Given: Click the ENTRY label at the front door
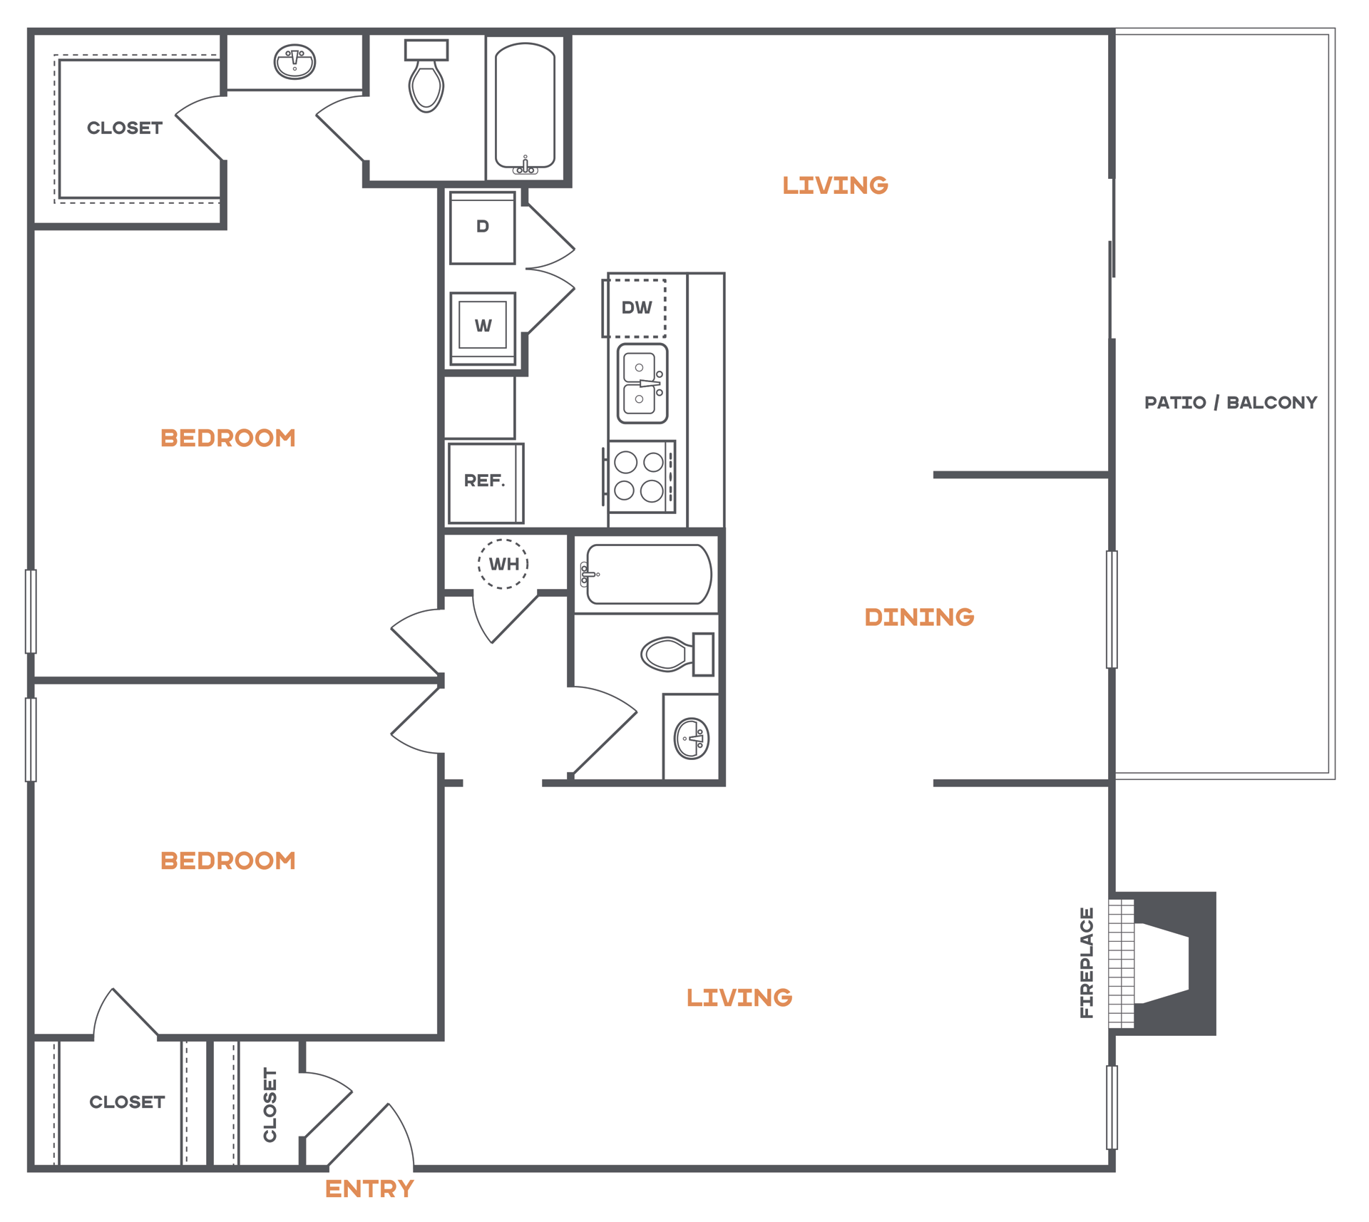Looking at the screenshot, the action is [369, 1188].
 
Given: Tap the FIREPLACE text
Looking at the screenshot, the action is [1087, 962].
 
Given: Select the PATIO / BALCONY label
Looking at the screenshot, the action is [1231, 403].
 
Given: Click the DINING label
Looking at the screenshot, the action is [919, 617].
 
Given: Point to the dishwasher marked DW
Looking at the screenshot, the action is [635, 308].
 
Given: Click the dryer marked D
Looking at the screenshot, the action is [483, 227].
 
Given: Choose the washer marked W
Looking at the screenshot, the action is [483, 328].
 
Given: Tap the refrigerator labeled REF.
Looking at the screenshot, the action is [486, 483].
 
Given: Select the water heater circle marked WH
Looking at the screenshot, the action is [503, 564].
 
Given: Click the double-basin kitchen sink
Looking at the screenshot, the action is [642, 384].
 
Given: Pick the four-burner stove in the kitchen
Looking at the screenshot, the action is [640, 476].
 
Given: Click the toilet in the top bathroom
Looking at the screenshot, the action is [426, 76].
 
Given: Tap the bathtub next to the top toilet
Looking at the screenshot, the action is [525, 108].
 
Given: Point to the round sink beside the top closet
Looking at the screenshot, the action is [294, 62].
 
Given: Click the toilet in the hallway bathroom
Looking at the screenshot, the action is [677, 654].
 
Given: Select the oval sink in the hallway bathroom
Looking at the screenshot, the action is [692, 739].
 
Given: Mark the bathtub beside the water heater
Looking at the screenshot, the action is [646, 574].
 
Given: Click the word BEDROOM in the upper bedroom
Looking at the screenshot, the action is [228, 438].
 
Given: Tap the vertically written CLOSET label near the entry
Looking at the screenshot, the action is [270, 1104].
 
